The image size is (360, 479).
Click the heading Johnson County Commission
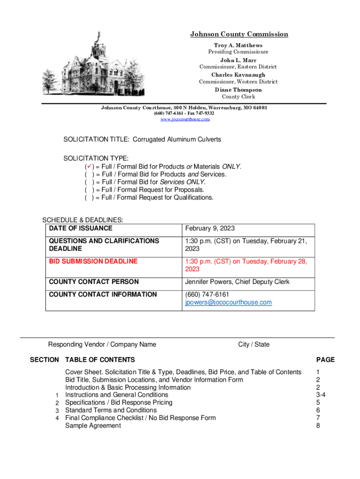pyautogui.click(x=239, y=34)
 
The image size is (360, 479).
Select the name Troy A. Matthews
pyautogui.click(x=238, y=45)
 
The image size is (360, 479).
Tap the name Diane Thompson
pyautogui.click(x=238, y=90)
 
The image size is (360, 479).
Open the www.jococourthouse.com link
pyautogui.click(x=185, y=119)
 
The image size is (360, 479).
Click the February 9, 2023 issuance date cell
pyautogui.click(x=210, y=228)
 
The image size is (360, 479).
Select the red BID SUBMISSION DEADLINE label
pyautogui.click(x=93, y=261)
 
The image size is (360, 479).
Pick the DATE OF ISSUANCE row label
pyautogui.click(x=81, y=228)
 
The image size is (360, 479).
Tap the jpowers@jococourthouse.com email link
pyautogui.click(x=228, y=302)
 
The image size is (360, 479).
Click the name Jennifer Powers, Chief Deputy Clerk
pyautogui.click(x=238, y=282)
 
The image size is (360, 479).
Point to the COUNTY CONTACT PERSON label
pyautogui.click(x=94, y=282)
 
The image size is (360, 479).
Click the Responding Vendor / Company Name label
pyautogui.click(x=102, y=344)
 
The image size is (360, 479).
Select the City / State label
pyautogui.click(x=254, y=344)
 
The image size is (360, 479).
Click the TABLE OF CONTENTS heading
pyautogui.click(x=100, y=360)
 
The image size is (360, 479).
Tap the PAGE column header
pyautogui.click(x=325, y=360)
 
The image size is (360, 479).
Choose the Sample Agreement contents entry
pyautogui.click(x=93, y=425)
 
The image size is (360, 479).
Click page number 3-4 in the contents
pyautogui.click(x=321, y=395)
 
